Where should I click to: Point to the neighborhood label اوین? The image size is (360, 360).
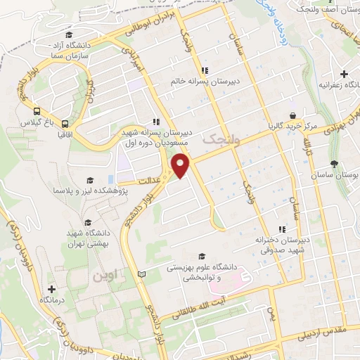pyautogui.click(x=107, y=276)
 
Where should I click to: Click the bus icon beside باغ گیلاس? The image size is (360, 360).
pyautogui.click(x=36, y=110)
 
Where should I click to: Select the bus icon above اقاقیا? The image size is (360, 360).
pyautogui.click(x=65, y=120)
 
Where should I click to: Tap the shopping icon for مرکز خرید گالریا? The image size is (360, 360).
pyautogui.click(x=292, y=117)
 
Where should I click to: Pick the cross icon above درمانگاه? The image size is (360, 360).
pyautogui.click(x=51, y=289)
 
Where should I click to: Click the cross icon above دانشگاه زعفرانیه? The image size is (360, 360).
pyautogui.click(x=343, y=74)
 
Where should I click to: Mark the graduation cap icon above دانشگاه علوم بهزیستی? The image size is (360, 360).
pyautogui.click(x=203, y=257)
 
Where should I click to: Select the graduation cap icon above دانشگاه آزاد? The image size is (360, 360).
pyautogui.click(x=68, y=35)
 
